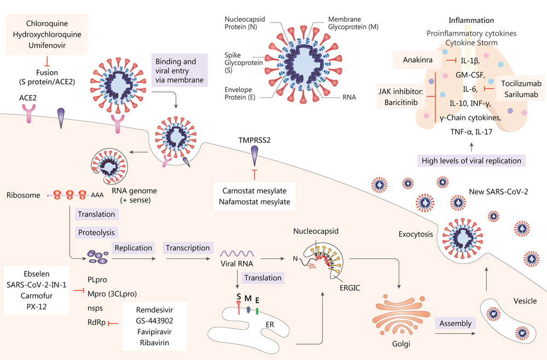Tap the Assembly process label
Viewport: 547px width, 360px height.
click(x=455, y=323)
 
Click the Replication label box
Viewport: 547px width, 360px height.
click(x=133, y=247)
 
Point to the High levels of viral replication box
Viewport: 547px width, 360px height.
click(x=471, y=160)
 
